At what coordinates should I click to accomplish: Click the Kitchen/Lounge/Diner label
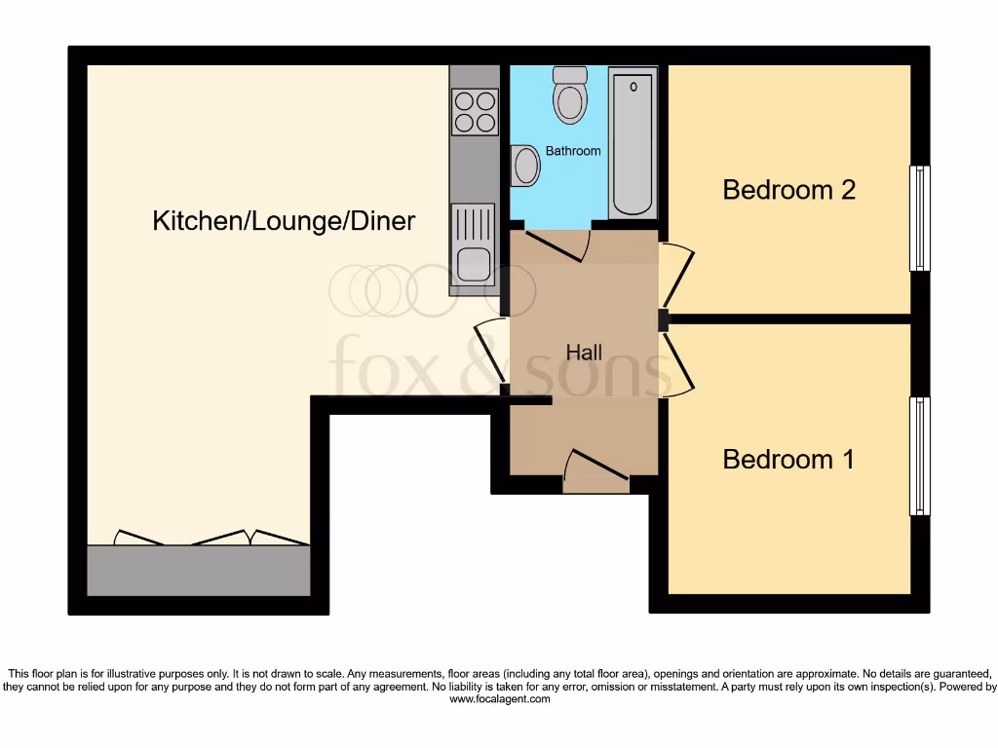[284, 221]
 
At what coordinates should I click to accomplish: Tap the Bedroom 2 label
[788, 189]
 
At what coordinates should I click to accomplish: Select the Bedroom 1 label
[788, 459]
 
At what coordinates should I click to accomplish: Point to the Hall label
[584, 353]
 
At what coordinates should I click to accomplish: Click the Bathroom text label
[572, 151]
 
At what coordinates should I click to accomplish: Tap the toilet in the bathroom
[568, 95]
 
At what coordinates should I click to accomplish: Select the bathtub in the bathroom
[633, 143]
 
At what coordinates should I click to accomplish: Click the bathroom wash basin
[525, 166]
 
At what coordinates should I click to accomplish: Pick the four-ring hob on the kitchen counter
[474, 110]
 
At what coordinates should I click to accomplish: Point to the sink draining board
[474, 223]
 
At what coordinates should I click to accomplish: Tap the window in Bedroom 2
[919, 218]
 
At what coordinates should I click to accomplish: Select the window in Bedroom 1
[919, 456]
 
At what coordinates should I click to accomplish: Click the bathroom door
[556, 244]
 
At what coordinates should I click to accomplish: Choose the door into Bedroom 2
[677, 275]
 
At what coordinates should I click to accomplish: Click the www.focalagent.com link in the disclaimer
[498, 699]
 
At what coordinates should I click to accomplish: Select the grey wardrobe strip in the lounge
[199, 570]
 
